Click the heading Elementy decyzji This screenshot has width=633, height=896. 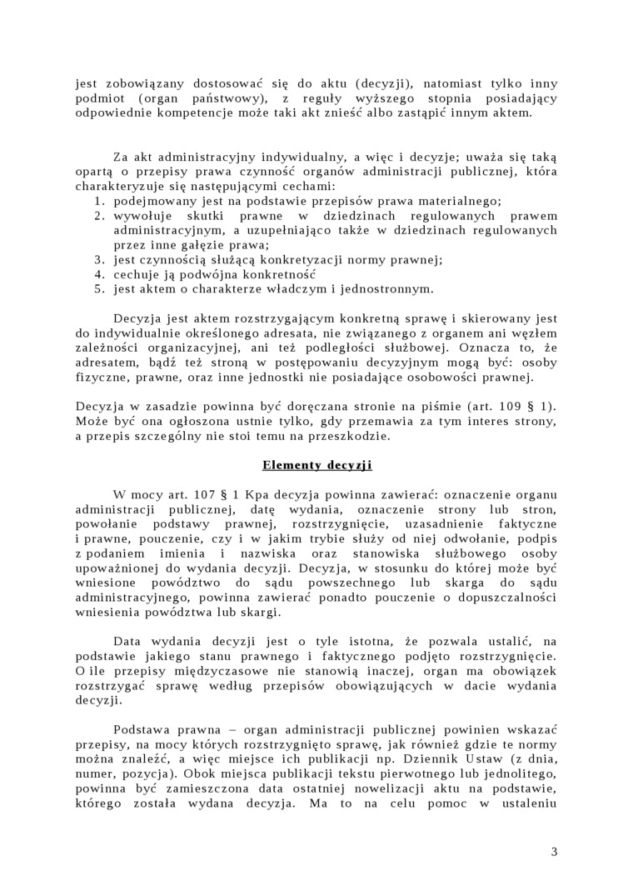(x=316, y=464)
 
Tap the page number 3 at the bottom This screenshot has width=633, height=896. (x=555, y=851)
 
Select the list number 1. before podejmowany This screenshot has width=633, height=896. (x=98, y=201)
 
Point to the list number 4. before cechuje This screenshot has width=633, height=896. (x=98, y=274)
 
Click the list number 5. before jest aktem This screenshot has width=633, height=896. (x=98, y=289)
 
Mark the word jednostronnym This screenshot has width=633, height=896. (x=391, y=289)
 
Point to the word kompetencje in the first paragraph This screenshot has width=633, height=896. (x=197, y=113)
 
